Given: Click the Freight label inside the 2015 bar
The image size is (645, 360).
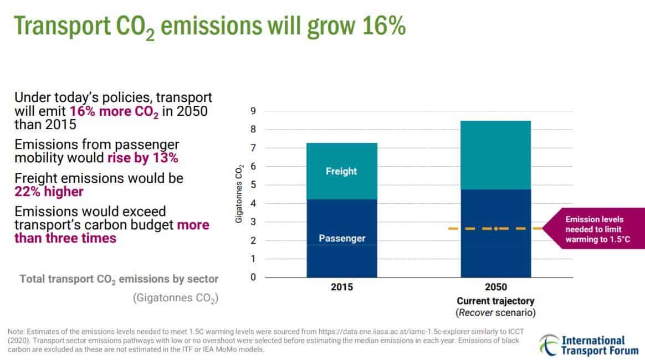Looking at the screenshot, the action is (x=341, y=171).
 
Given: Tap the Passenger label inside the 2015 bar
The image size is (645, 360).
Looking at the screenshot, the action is (x=342, y=238).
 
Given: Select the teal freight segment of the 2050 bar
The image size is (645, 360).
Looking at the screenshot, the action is (x=496, y=155).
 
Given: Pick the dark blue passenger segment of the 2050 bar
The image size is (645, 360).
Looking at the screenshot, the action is (x=496, y=233).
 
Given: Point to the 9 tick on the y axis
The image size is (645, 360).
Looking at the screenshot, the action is (x=253, y=111).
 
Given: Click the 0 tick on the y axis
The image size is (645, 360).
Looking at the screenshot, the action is (x=253, y=277).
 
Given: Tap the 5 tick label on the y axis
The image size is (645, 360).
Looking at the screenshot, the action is (x=253, y=185).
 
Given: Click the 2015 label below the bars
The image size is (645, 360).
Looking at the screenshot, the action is (x=342, y=287).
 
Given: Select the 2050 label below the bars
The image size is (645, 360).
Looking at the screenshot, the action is (x=496, y=287).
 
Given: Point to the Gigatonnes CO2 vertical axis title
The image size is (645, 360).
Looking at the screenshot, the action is (x=239, y=194).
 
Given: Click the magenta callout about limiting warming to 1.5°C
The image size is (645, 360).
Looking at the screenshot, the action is (x=593, y=229).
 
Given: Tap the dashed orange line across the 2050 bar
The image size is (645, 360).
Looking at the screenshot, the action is (x=495, y=229).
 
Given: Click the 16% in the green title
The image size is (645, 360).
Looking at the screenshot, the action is (x=384, y=25).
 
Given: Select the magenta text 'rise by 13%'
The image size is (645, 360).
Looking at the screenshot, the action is (x=143, y=158).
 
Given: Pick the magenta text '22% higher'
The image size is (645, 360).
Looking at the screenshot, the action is (x=49, y=192).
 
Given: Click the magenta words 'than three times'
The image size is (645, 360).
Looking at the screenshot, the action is (x=65, y=238).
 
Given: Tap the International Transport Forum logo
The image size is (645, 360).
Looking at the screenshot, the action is (x=589, y=345).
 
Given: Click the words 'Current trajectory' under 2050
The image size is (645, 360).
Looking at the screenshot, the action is (x=495, y=301).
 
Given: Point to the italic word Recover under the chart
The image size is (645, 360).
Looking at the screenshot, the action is (x=476, y=313).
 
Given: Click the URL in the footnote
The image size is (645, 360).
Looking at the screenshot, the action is (x=393, y=332).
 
